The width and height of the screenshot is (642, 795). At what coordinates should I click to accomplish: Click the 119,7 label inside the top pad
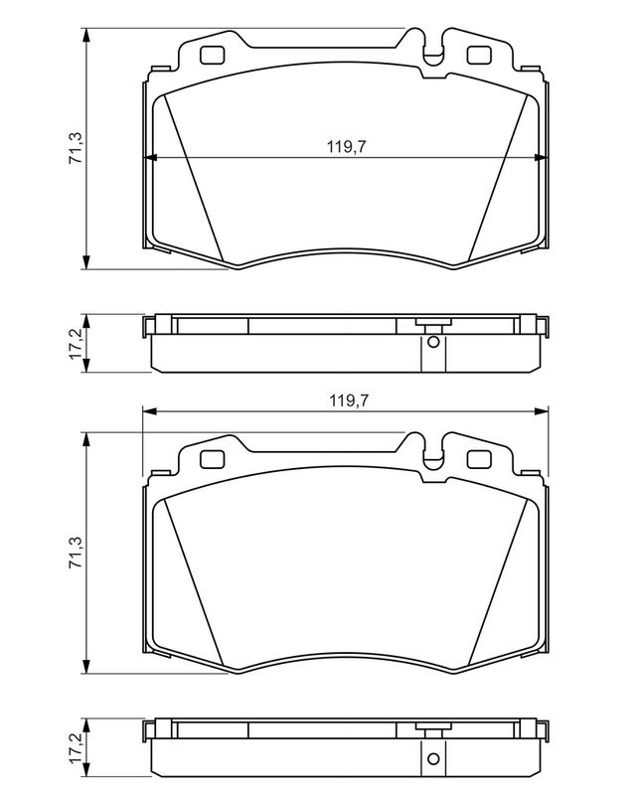point(347,147)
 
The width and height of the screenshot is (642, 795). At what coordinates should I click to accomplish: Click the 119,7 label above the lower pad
point(349,400)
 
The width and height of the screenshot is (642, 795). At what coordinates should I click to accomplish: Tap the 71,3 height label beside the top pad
point(76,147)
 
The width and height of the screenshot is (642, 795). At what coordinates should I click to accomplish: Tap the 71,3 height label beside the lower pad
point(76,552)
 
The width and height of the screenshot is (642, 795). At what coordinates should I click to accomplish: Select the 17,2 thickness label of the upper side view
point(76,344)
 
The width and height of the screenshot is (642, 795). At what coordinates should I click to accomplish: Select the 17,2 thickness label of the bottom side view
point(76,748)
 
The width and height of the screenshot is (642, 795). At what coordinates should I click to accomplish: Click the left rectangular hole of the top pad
point(212,56)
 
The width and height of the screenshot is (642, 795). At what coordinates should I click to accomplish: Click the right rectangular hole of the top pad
point(479,56)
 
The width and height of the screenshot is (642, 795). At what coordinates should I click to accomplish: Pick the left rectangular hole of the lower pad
point(212,459)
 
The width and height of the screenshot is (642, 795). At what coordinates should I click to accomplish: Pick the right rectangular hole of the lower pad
point(479,459)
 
